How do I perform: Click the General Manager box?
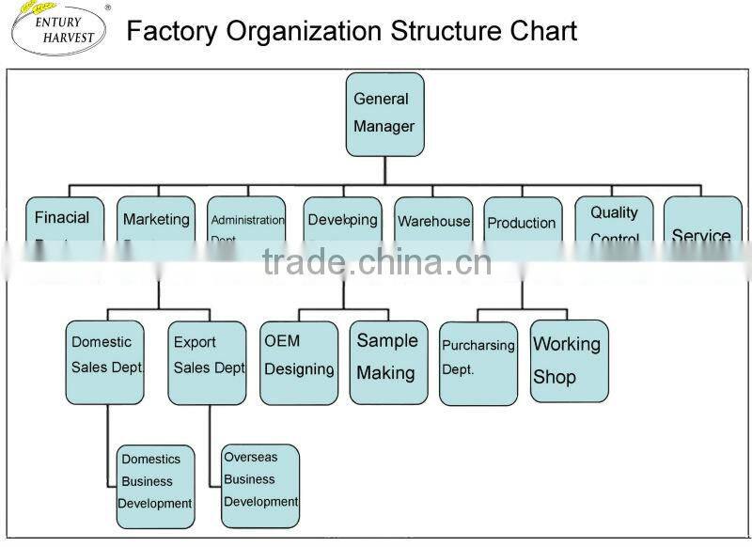384,113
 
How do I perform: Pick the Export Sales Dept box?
209,363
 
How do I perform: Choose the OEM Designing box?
299,363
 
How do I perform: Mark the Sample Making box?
387,363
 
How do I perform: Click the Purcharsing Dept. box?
478,363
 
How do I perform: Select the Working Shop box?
568,361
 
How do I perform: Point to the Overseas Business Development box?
260,485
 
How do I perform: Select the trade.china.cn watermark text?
377,262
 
